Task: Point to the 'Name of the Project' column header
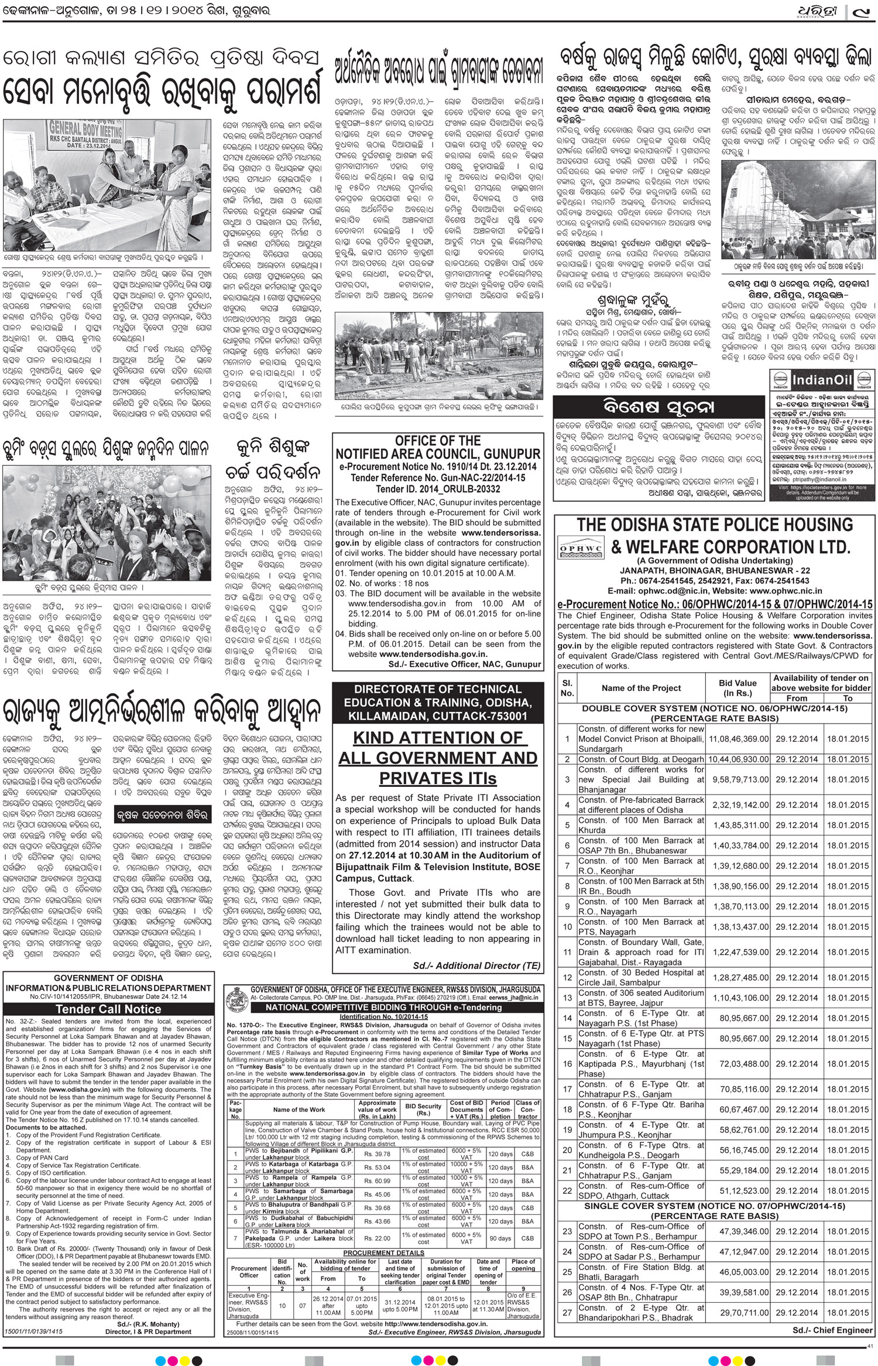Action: [642, 688]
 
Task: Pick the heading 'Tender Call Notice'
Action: [108, 1009]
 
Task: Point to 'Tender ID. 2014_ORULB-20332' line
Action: [438, 489]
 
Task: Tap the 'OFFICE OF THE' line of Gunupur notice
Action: [438, 441]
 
